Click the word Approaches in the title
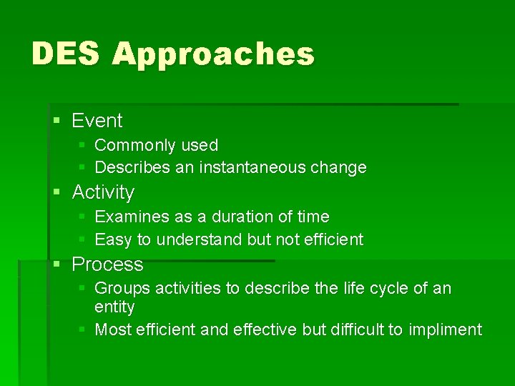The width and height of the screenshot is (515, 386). click(213, 55)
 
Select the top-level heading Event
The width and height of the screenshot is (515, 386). click(97, 121)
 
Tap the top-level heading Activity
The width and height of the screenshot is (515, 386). click(103, 192)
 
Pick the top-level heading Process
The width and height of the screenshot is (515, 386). click(107, 264)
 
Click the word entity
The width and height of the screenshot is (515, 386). click(114, 307)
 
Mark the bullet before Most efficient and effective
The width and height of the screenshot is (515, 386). click(82, 330)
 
